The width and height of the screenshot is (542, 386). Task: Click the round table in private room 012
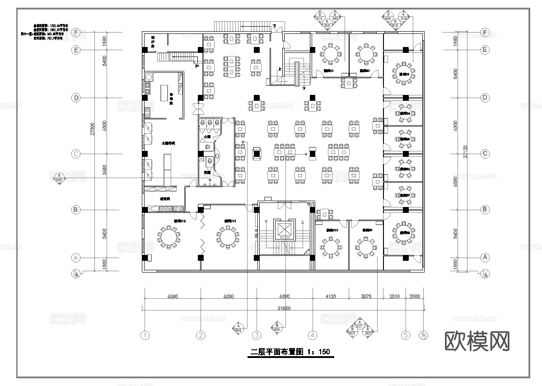168,237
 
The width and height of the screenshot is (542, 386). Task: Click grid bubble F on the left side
76,33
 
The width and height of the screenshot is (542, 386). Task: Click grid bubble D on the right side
485,98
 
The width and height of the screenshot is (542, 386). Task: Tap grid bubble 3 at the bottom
257,335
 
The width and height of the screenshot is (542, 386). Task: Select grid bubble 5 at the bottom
406,335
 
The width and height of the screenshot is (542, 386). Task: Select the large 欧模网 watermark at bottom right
477,340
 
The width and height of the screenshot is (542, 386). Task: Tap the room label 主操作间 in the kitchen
168,143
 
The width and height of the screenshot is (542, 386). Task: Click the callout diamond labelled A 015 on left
59,177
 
